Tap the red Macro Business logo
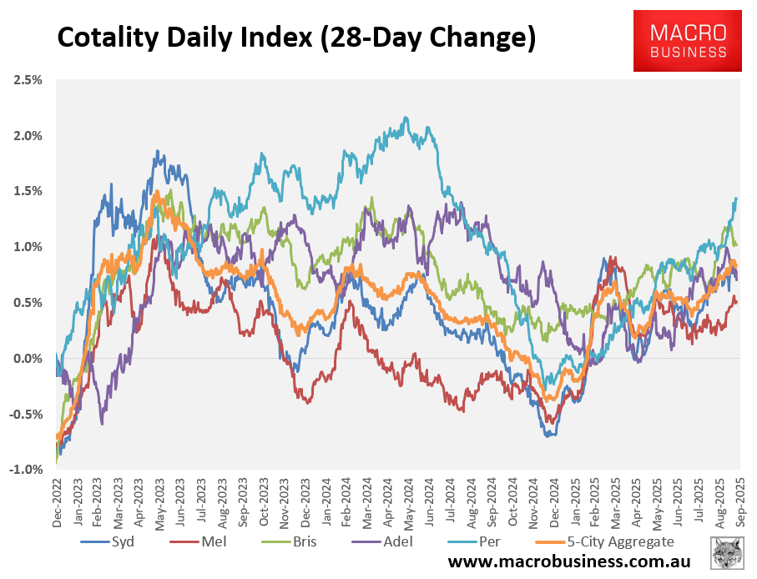click(687, 40)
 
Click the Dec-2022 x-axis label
click(57, 501)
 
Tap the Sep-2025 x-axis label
click(740, 501)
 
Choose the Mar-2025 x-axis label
click(616, 501)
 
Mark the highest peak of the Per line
click(406, 118)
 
